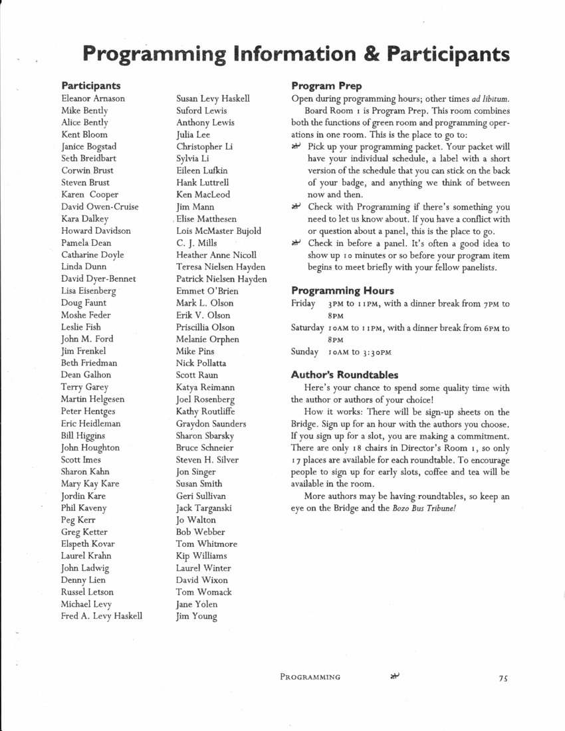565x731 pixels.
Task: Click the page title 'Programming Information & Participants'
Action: pyautogui.click(x=297, y=53)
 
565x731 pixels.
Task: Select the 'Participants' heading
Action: pyautogui.click(x=91, y=86)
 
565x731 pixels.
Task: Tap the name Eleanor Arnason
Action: pyautogui.click(x=93, y=98)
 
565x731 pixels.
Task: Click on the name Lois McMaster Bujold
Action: pyautogui.click(x=219, y=231)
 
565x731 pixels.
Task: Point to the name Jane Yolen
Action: pyautogui.click(x=197, y=604)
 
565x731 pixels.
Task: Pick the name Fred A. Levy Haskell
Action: pyautogui.click(x=102, y=616)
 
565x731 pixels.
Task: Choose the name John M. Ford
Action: pyautogui.click(x=87, y=339)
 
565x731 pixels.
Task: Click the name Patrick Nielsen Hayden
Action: pyautogui.click(x=221, y=279)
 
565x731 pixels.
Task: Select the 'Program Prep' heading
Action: pyautogui.click(x=326, y=86)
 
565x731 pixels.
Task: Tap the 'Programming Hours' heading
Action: pyautogui.click(x=342, y=290)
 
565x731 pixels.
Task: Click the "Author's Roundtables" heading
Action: pyautogui.click(x=344, y=375)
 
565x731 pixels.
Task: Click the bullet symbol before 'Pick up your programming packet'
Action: pyautogui.click(x=296, y=146)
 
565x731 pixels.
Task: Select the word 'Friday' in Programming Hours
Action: pyautogui.click(x=303, y=304)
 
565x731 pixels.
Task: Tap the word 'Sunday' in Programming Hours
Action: pyautogui.click(x=304, y=352)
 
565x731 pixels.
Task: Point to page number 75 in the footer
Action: pyautogui.click(x=502, y=678)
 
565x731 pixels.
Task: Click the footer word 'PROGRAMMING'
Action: pyautogui.click(x=310, y=677)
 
